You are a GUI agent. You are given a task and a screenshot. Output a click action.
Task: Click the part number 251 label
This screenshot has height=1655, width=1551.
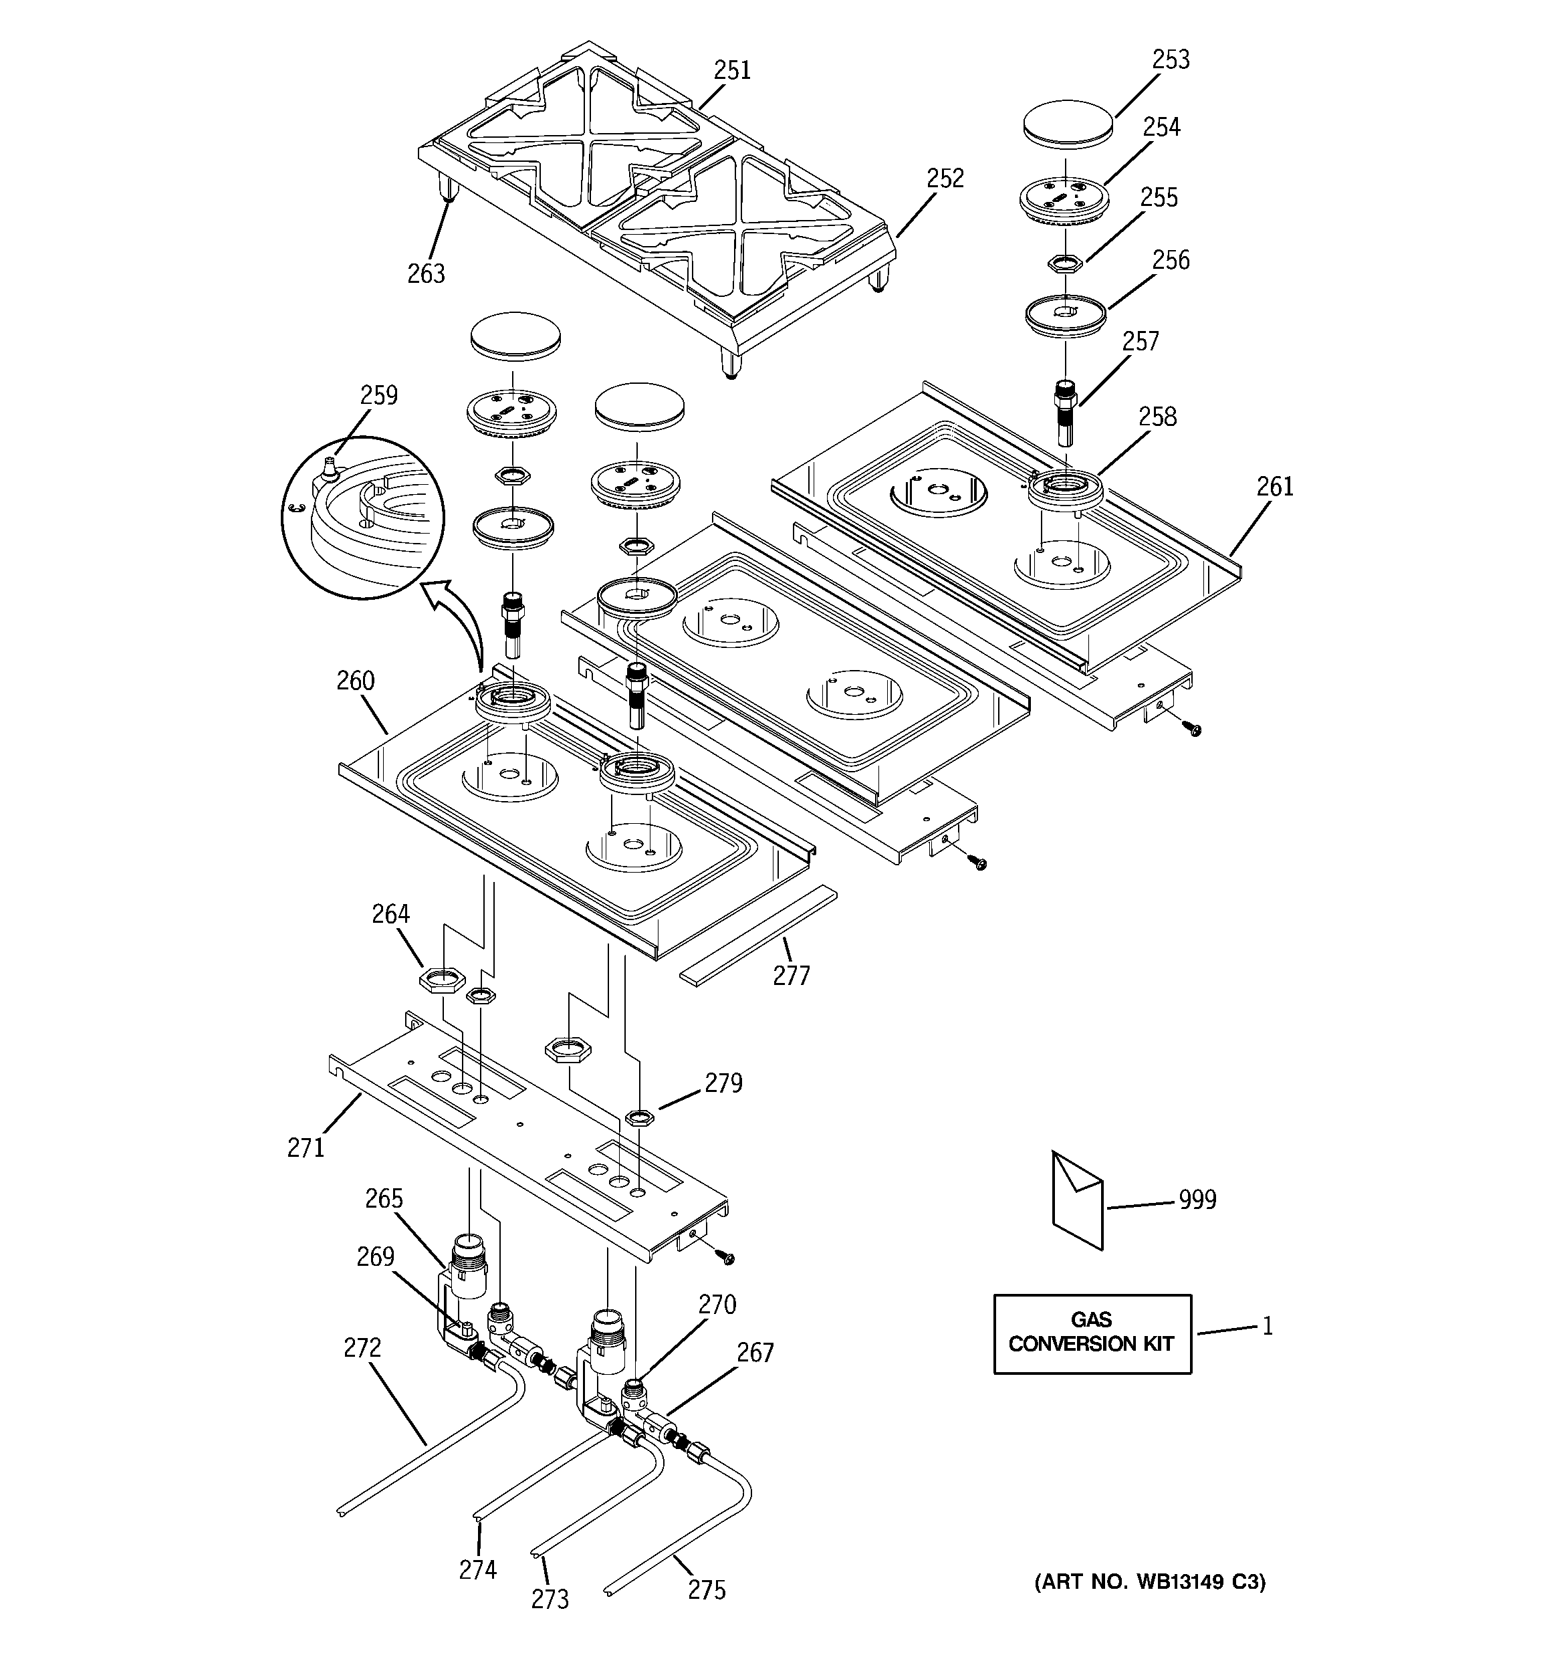tap(732, 70)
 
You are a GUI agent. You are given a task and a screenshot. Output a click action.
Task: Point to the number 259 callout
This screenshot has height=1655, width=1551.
tap(379, 395)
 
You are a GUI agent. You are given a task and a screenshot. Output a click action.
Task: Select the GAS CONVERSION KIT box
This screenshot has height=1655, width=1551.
tap(1092, 1333)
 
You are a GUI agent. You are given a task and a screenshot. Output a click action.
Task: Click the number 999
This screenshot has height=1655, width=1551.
tap(1197, 1200)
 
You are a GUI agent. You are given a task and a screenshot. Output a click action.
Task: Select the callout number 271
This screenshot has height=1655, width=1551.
tap(306, 1147)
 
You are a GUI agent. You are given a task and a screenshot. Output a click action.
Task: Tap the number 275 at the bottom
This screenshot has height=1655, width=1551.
tap(707, 1590)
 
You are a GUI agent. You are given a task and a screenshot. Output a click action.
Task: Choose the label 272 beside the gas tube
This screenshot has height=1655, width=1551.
tap(362, 1347)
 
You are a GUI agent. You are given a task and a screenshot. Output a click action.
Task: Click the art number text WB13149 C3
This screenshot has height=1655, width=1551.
tap(1150, 1581)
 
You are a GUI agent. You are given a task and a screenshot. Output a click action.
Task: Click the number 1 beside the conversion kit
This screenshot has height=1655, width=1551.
tap(1267, 1326)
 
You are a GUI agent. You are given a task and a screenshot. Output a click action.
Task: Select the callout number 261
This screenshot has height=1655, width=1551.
tap(1275, 486)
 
